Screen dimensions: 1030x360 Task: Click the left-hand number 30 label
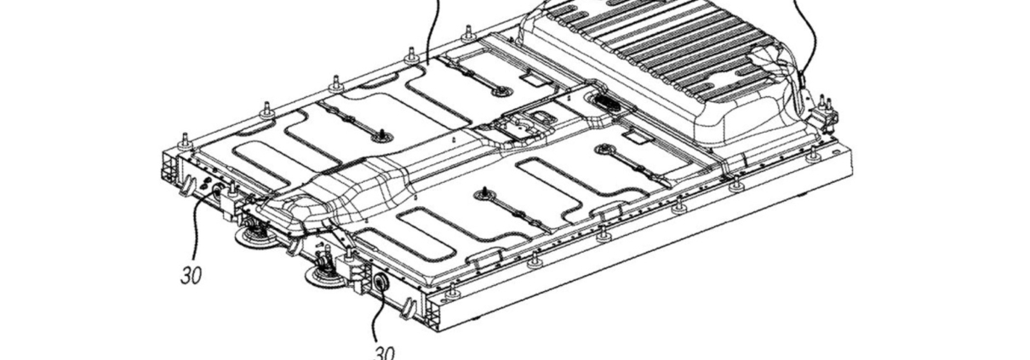click(191, 276)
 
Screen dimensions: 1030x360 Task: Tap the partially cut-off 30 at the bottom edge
click(385, 352)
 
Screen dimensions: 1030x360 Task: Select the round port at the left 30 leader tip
click(217, 187)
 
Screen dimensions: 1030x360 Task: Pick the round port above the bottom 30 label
click(381, 282)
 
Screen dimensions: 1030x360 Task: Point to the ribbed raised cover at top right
click(662, 60)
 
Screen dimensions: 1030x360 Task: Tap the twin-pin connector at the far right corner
click(824, 111)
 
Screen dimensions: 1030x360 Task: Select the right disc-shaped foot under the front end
click(325, 276)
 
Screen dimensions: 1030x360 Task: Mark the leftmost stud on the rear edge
click(185, 141)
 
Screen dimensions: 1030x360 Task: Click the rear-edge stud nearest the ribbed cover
click(468, 33)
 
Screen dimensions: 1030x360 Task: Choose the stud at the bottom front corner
click(453, 291)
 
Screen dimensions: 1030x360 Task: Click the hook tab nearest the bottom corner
click(409, 309)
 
